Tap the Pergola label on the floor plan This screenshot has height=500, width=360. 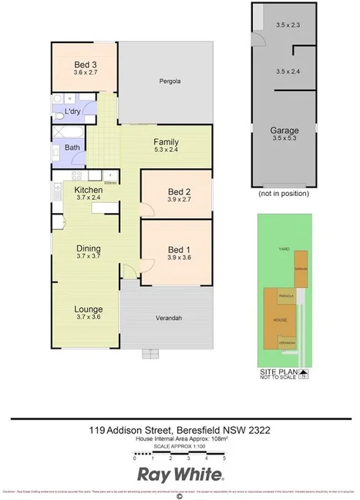point(170,81)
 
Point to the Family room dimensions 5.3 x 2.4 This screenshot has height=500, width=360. point(166,151)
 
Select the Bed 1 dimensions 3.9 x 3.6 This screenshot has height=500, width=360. point(178,258)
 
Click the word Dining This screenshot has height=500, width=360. point(88,248)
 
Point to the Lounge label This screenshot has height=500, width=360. point(88,309)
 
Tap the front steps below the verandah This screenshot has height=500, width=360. point(150,354)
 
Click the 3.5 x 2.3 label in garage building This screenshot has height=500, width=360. point(287,25)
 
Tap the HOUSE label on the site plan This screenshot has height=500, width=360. point(281,319)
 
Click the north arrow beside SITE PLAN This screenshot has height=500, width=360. point(304,377)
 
